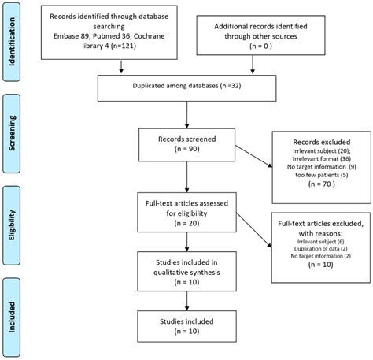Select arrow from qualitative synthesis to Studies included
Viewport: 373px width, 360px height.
[x=186, y=296]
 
